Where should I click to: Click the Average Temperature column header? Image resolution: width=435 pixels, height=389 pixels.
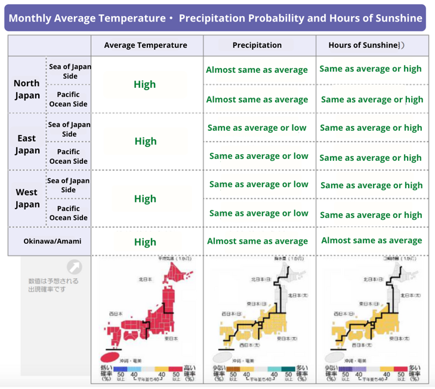[x=145, y=45]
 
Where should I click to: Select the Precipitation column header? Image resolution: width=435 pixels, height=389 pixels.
[x=257, y=45]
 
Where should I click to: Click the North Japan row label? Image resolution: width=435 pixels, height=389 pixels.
[x=27, y=89]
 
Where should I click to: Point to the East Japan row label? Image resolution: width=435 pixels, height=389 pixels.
[x=27, y=144]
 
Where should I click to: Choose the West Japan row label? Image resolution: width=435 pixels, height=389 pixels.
[x=27, y=198]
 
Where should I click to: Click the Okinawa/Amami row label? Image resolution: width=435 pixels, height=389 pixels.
[x=53, y=241]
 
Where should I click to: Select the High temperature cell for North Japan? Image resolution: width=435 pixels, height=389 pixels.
[x=145, y=84]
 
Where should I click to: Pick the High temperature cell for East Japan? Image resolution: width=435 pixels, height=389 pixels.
[x=145, y=141]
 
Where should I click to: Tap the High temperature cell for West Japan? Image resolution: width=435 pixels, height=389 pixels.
[x=145, y=198]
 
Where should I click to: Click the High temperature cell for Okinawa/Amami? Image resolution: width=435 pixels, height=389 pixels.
[x=145, y=242]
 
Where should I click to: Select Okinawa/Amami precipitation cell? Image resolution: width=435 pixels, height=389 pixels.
[x=257, y=241]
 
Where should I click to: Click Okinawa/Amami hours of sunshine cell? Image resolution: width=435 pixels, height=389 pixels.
[x=371, y=240]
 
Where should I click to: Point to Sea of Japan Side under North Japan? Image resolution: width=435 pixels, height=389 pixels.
[x=70, y=71]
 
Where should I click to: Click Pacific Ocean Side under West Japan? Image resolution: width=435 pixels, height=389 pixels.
[x=68, y=213]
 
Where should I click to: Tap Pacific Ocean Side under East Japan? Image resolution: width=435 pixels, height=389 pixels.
[x=68, y=156]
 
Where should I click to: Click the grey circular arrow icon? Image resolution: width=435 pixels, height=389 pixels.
[x=74, y=267]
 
